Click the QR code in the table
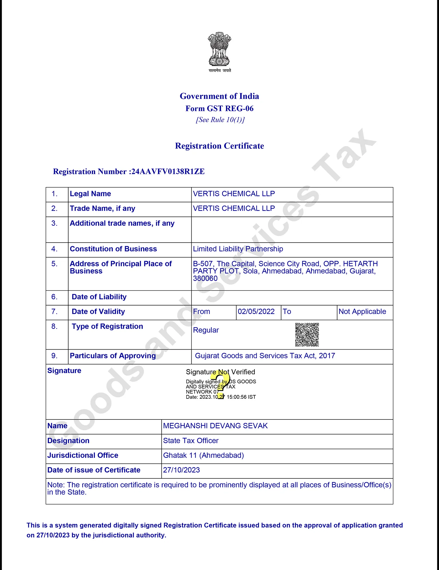pyautogui.click(x=307, y=334)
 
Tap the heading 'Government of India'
pyautogui.click(x=219, y=96)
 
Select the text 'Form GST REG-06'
pyautogui.click(x=219, y=108)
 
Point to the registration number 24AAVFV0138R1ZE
pyautogui.click(x=168, y=172)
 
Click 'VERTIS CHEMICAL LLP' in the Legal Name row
pyautogui.click(x=234, y=194)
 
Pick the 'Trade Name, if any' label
pyautogui.click(x=102, y=208)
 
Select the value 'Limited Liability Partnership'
pyautogui.click(x=238, y=249)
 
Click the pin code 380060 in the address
pyautogui.click(x=205, y=279)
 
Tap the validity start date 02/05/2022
pyautogui.click(x=256, y=312)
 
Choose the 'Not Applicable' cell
pyautogui.click(x=362, y=312)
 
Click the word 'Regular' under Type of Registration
pyautogui.click(x=206, y=330)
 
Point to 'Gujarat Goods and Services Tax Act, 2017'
pyautogui.click(x=265, y=356)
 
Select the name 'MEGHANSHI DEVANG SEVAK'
pyautogui.click(x=215, y=426)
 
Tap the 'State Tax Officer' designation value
pyautogui.click(x=191, y=441)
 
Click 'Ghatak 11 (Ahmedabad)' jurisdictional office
pyautogui.click(x=203, y=455)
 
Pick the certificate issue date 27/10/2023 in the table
pyautogui.click(x=181, y=470)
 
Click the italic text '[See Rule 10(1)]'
pyautogui.click(x=220, y=120)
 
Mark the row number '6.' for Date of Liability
pyautogui.click(x=54, y=297)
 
